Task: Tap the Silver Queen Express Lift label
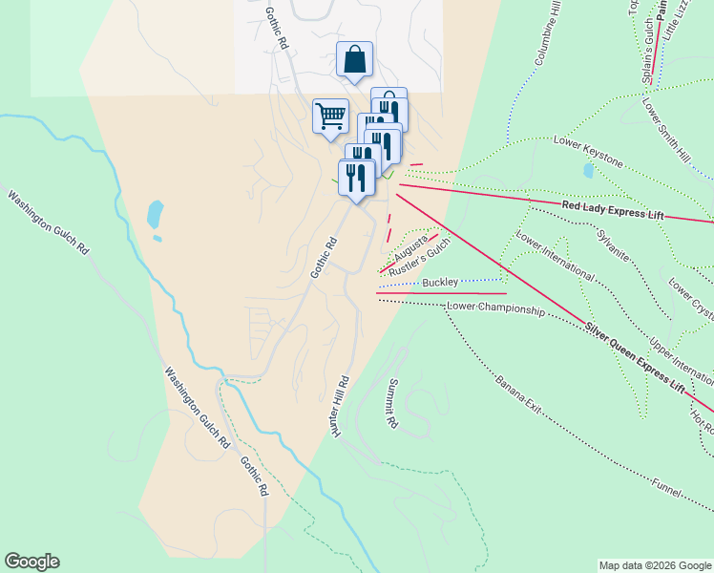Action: (635, 357)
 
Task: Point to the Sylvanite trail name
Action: (613, 244)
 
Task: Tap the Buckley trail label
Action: (440, 283)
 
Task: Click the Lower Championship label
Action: (495, 309)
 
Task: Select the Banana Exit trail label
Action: (518, 394)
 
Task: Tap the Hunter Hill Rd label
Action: (341, 407)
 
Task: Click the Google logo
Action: (31, 562)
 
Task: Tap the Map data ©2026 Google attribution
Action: (654, 565)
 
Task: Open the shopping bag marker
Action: (354, 60)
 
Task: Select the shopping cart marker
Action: (330, 117)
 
